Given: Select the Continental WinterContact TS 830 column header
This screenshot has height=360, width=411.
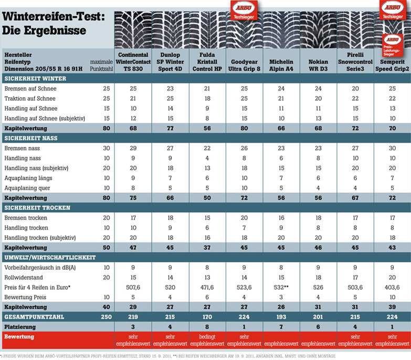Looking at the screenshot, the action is click(x=133, y=62).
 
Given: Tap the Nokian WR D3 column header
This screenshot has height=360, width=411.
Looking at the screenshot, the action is click(x=318, y=65).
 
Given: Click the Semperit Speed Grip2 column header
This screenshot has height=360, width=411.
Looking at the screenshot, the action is click(x=392, y=65).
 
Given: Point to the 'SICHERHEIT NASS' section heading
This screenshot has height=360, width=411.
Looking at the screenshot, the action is click(x=31, y=138).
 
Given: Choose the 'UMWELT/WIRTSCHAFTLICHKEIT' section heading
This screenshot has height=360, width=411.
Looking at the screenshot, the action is click(x=50, y=258).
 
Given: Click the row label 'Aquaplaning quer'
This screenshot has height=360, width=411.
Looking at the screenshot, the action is click(x=27, y=188).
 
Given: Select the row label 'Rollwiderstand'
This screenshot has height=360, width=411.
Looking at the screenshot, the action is click(x=24, y=278).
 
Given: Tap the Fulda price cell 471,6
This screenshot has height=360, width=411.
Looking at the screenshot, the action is click(x=207, y=288).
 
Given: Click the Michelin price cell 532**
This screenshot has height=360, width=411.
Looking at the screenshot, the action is click(x=281, y=288).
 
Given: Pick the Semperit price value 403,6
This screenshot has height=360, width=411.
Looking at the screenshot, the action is click(x=392, y=288).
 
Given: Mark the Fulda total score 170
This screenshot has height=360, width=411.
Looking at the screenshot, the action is click(x=207, y=317).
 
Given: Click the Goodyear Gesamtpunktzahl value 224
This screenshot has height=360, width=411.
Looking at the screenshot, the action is click(x=244, y=317).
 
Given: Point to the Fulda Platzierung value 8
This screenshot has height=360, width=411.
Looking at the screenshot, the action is click(x=207, y=327).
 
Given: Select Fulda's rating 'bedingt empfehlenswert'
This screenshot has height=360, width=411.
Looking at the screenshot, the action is click(x=207, y=340).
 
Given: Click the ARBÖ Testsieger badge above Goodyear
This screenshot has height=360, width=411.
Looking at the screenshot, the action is click(x=244, y=10).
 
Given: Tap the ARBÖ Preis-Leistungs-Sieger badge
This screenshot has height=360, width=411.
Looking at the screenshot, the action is click(x=393, y=45).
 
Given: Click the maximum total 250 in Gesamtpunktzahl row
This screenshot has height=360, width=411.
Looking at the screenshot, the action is click(x=107, y=317).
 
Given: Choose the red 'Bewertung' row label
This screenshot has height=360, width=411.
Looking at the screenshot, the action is click(x=19, y=337).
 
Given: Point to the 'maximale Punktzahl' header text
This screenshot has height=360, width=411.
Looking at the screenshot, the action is click(x=101, y=65).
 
